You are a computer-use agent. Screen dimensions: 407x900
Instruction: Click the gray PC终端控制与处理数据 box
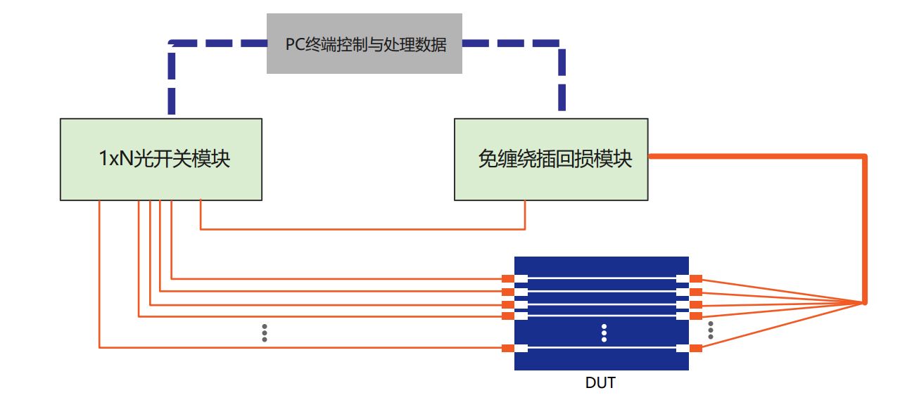click(364, 44)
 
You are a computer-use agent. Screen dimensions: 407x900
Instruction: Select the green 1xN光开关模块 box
click(161, 160)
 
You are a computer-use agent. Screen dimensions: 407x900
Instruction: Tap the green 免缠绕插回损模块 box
click(550, 160)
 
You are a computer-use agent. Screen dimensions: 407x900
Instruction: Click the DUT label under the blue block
click(600, 383)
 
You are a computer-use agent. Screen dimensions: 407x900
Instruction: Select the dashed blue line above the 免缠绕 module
click(562, 77)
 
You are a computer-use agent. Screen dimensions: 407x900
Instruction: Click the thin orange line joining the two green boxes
click(362, 228)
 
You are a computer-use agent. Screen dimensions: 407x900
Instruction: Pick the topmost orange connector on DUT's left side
click(507, 279)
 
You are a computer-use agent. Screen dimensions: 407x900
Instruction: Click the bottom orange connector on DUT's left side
click(507, 348)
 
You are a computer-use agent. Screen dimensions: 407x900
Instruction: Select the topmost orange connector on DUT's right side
click(696, 279)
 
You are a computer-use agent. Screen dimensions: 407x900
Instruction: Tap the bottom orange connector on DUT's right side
click(696, 348)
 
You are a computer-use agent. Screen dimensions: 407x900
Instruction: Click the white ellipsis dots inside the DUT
click(604, 333)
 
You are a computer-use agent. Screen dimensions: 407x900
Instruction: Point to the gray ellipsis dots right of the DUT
click(711, 330)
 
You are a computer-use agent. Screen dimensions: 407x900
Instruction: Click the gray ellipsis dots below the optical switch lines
click(265, 333)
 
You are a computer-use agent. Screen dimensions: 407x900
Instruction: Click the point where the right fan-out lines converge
click(863, 303)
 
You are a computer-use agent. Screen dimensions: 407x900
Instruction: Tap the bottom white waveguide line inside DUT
click(602, 348)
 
